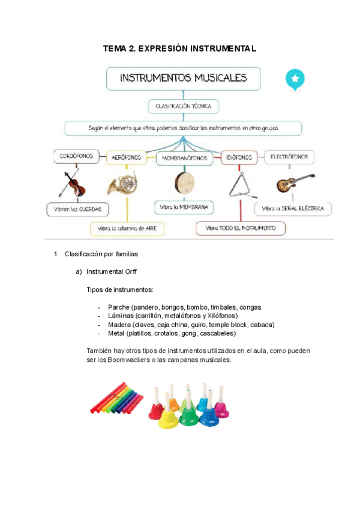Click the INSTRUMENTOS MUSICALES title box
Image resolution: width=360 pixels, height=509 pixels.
(184, 79)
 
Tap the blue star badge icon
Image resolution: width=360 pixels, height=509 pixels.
(295, 79)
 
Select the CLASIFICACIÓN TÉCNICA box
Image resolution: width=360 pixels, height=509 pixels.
(184, 106)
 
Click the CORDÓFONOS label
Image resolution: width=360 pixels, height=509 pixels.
(76, 157)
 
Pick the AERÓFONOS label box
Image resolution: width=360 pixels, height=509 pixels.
(127, 157)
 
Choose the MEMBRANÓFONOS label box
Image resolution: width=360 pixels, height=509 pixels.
(184, 158)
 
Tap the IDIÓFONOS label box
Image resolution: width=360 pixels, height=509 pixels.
(239, 157)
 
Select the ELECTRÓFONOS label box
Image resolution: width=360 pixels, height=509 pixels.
(289, 157)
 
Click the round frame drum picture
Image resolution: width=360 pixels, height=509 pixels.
(184, 181)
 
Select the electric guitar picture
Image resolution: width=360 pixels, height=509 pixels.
(294, 182)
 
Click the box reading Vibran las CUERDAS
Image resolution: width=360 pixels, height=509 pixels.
(77, 209)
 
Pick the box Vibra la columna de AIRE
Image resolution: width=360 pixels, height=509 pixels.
(127, 229)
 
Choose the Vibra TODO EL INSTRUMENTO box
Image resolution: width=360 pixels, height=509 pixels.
(241, 228)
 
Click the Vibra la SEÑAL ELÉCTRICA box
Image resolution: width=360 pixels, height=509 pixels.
(293, 209)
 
